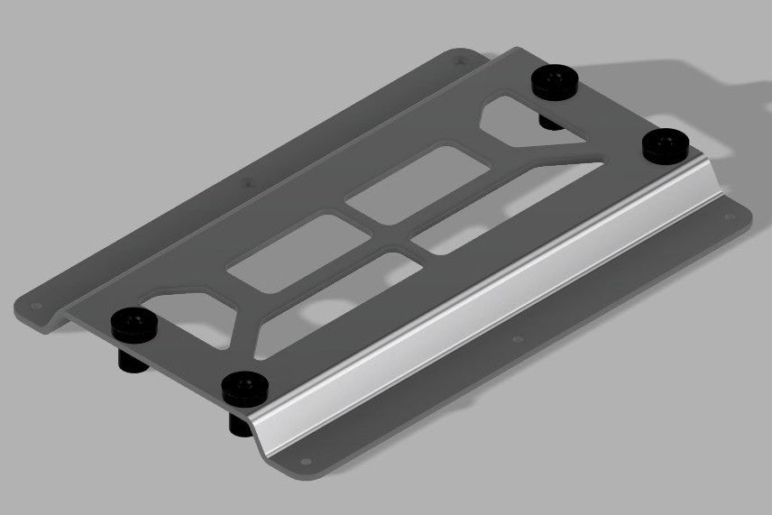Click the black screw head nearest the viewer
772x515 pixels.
(244, 388)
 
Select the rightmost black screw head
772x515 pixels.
(666, 144)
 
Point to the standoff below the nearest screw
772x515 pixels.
(238, 422)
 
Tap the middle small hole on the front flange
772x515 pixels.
(517, 340)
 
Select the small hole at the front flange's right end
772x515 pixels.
(722, 216)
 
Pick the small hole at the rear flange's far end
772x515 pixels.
(463, 61)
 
